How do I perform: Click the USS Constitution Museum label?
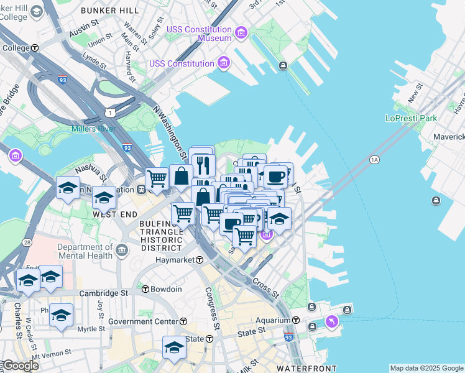click(x=198, y=34)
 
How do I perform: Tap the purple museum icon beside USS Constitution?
click(x=223, y=62)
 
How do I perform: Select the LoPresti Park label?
click(x=411, y=118)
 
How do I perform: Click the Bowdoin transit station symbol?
click(x=145, y=289)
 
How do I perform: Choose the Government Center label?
click(x=143, y=321)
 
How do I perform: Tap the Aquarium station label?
click(x=274, y=320)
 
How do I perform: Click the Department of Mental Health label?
click(x=85, y=251)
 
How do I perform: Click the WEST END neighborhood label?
click(x=114, y=214)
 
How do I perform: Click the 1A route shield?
click(x=374, y=160)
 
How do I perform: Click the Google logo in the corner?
click(x=20, y=366)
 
